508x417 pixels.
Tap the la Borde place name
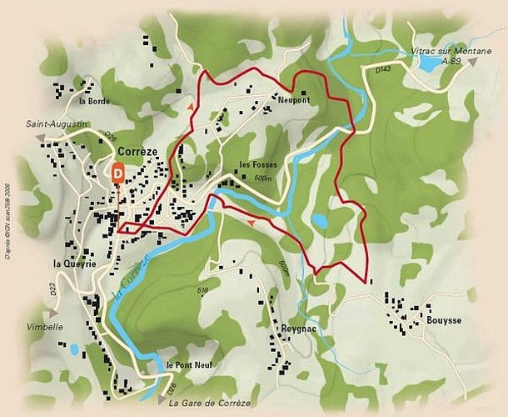94,101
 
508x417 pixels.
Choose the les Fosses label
256,164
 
